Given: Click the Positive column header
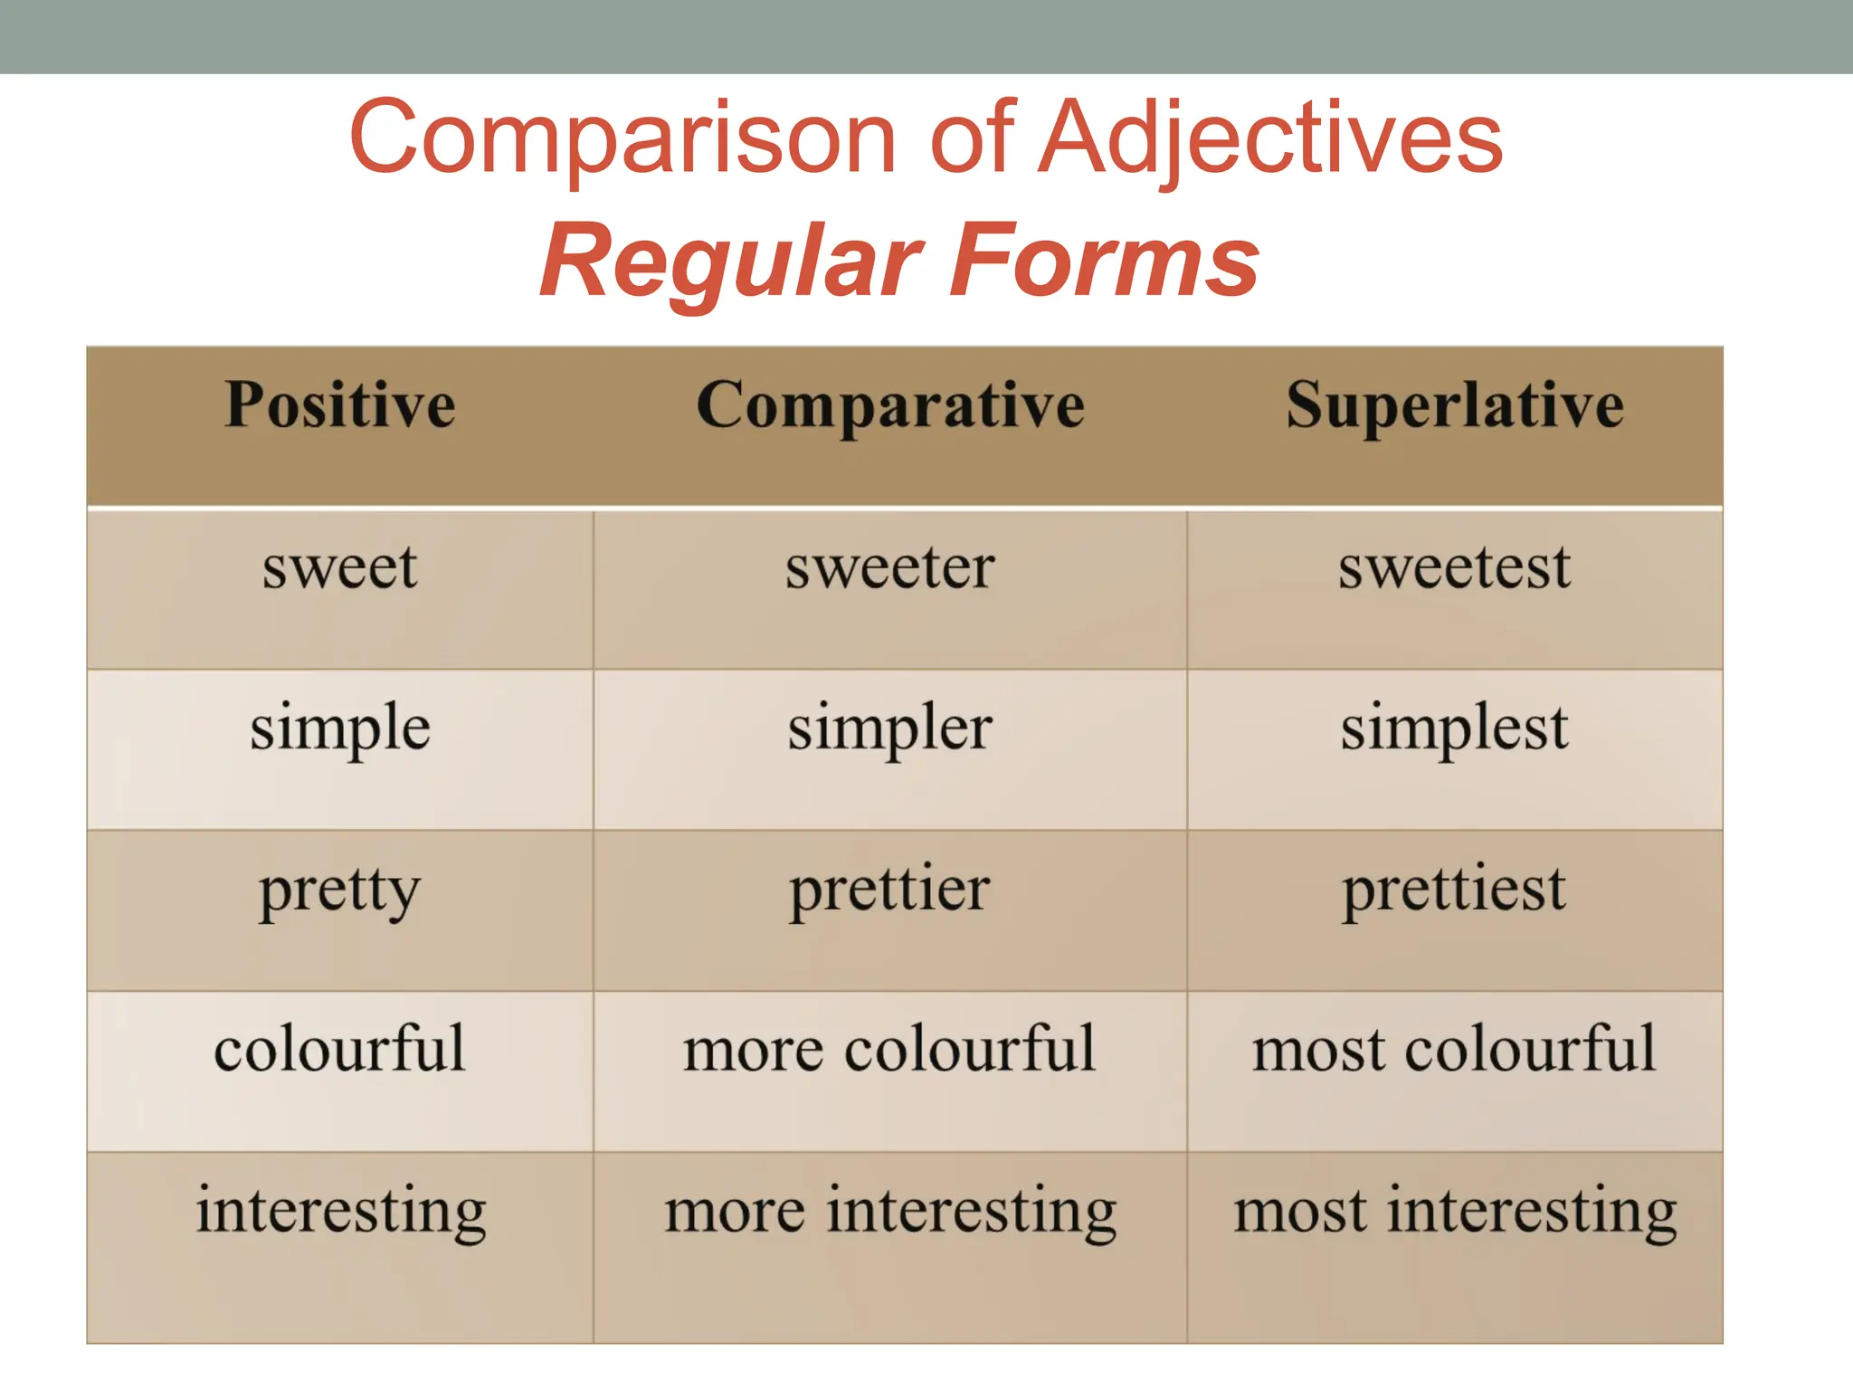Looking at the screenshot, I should click(340, 405).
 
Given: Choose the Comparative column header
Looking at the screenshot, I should click(890, 406).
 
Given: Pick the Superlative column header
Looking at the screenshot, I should click(1455, 406).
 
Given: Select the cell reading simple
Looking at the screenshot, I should click(340, 729).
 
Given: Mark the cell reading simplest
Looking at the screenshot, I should click(1455, 729).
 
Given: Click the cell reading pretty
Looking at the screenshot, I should click(340, 890).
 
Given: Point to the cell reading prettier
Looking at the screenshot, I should click(890, 890).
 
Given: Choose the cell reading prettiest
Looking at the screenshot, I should click(1455, 890).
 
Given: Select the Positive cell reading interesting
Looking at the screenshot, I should click(341, 1212).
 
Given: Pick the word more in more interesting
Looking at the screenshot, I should click(735, 1213).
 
